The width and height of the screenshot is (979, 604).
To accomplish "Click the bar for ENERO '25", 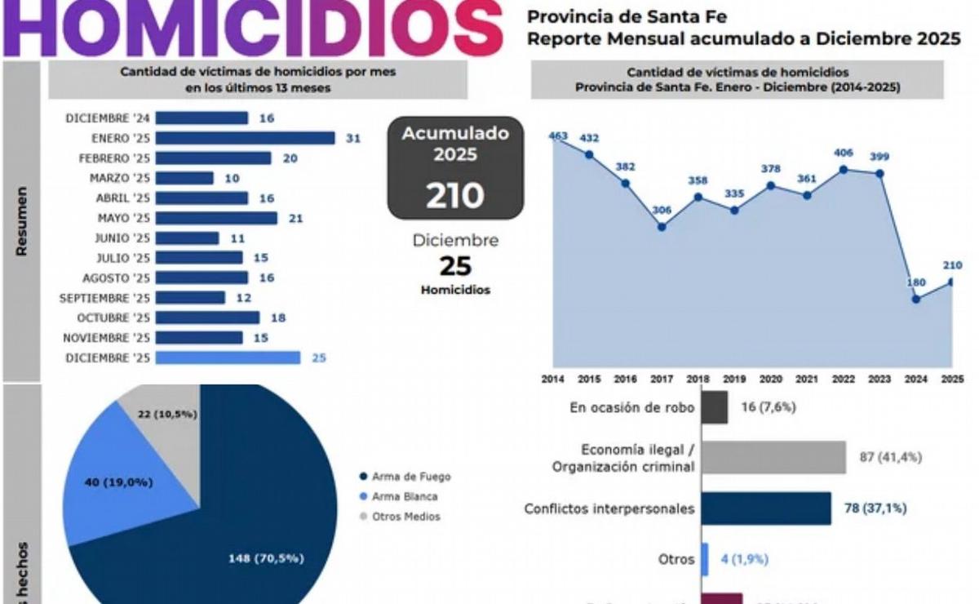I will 245,138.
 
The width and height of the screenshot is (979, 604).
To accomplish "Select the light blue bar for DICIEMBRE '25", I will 228,358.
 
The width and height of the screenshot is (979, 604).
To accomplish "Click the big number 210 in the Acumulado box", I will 454,196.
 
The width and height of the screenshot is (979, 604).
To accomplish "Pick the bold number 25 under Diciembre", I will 455,266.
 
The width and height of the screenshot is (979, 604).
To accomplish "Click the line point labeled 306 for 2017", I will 662,226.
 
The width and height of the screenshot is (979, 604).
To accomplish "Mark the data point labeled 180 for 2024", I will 916,299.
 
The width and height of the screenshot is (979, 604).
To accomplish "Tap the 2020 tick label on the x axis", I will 769,380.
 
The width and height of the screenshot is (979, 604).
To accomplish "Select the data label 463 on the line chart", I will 559,136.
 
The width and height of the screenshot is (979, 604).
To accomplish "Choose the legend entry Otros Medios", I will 405,516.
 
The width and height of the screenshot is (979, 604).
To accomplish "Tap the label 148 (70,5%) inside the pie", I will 265,558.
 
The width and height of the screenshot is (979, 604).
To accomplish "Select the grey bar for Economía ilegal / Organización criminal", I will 773,457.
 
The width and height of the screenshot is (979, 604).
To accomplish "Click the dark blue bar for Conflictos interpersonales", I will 765,508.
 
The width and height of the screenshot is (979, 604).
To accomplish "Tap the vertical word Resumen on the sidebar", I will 22,221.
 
